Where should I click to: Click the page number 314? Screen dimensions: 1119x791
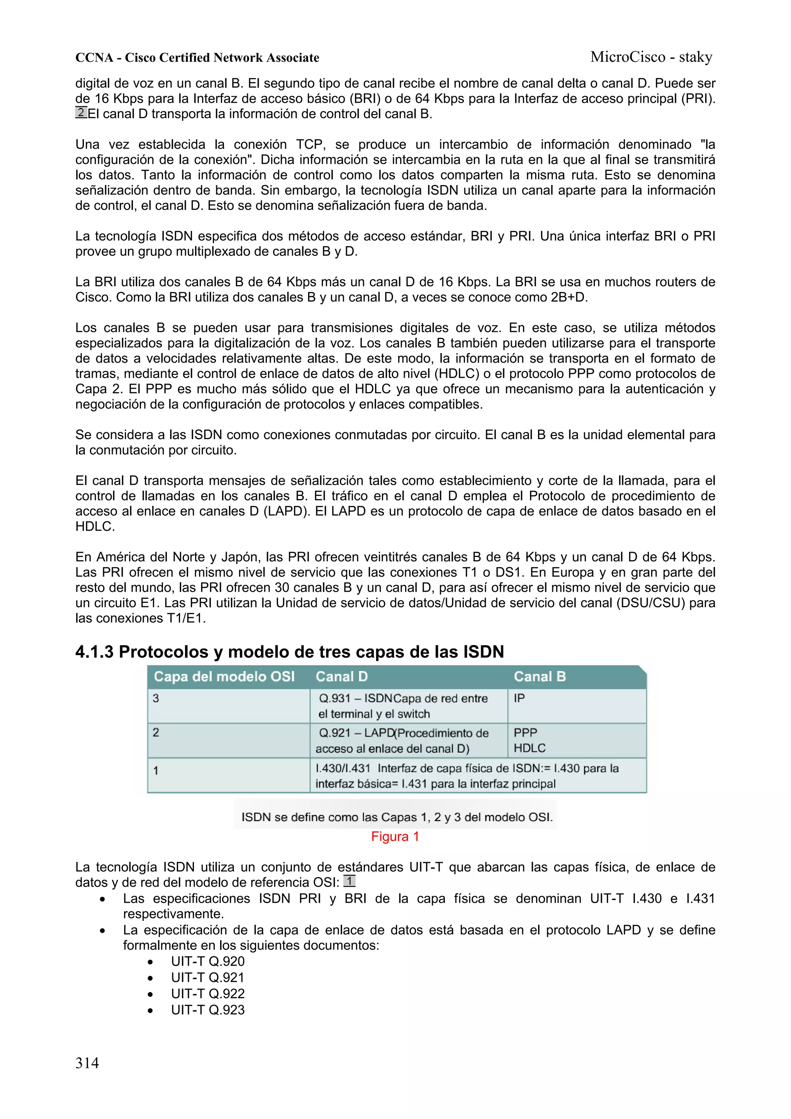point(87,1063)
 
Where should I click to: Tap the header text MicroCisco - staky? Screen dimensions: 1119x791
point(651,57)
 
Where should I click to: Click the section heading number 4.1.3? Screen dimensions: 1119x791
point(95,652)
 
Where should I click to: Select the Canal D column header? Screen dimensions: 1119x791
point(341,676)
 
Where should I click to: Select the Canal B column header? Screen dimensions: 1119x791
point(540,676)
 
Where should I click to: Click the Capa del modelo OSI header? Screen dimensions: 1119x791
point(224,676)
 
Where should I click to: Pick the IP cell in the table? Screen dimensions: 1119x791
point(519,698)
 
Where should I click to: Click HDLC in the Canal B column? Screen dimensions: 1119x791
point(529,748)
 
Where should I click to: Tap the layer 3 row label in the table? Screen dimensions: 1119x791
point(156,698)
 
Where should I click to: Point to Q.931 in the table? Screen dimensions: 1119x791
point(334,698)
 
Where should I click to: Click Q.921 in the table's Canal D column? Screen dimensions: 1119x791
point(334,733)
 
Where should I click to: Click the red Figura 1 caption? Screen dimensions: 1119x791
point(395,836)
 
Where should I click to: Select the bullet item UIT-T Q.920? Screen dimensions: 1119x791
point(208,961)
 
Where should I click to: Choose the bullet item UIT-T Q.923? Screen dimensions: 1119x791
point(208,1010)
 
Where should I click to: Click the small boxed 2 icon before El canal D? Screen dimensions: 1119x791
point(81,112)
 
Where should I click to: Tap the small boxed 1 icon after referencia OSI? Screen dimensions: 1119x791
point(350,881)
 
